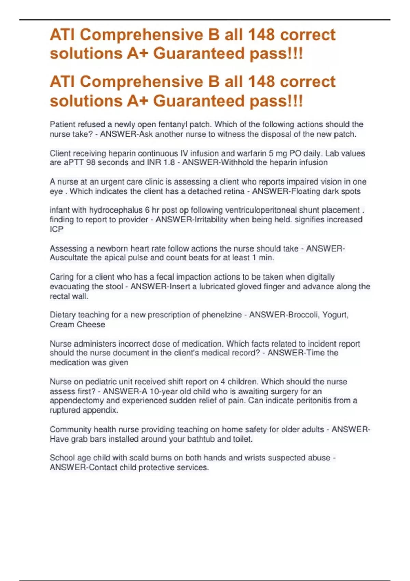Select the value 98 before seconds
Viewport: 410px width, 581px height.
91,163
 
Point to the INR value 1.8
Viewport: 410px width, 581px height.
167,163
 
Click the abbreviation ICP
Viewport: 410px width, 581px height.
56,229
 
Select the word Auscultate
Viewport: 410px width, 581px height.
69,258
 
